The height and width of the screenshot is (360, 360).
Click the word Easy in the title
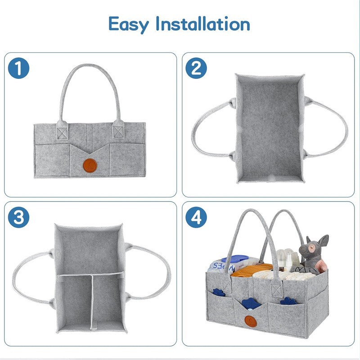pyautogui.click(x=129, y=23)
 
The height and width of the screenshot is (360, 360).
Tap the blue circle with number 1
pyautogui.click(x=19, y=69)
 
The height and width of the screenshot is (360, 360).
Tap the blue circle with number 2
pyautogui.click(x=196, y=69)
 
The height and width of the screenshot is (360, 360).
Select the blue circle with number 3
pyautogui.click(x=19, y=217)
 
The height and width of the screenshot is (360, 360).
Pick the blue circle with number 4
pyautogui.click(x=196, y=217)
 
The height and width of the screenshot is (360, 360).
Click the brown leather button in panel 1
pyautogui.click(x=90, y=166)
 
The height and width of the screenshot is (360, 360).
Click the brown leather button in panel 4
pyautogui.click(x=251, y=321)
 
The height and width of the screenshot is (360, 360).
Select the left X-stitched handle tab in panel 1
pyautogui.click(x=61, y=131)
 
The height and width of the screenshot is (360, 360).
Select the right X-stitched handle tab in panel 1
pyautogui.click(x=118, y=131)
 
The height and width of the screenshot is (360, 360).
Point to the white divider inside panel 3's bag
pyautogui.click(x=91, y=299)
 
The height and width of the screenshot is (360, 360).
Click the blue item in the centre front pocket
pyautogui.click(x=251, y=304)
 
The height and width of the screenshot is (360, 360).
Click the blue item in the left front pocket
pyautogui.click(x=219, y=292)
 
